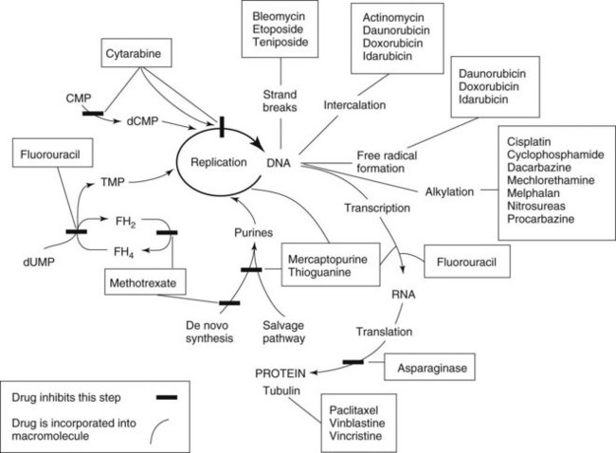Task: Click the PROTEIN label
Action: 283,371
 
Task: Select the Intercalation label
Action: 353,104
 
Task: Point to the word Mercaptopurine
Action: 331,256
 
